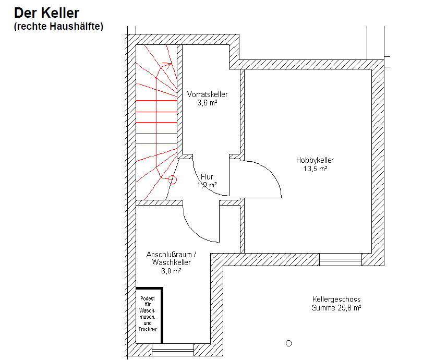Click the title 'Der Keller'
(x=46, y=14)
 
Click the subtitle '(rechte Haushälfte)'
(x=59, y=26)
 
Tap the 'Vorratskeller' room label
(x=207, y=94)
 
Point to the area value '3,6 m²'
(x=207, y=103)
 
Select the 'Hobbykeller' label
(x=315, y=160)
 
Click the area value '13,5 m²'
(x=315, y=169)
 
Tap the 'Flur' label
(x=207, y=177)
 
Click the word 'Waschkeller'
(x=172, y=263)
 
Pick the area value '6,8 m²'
(x=171, y=271)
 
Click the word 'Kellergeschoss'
(x=336, y=299)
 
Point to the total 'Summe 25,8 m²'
(x=336, y=308)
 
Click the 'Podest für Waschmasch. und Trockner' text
(x=148, y=314)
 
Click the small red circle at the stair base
(x=173, y=179)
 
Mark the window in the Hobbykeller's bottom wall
(x=340, y=259)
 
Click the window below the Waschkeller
(x=172, y=349)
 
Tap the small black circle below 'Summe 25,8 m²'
(x=289, y=343)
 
